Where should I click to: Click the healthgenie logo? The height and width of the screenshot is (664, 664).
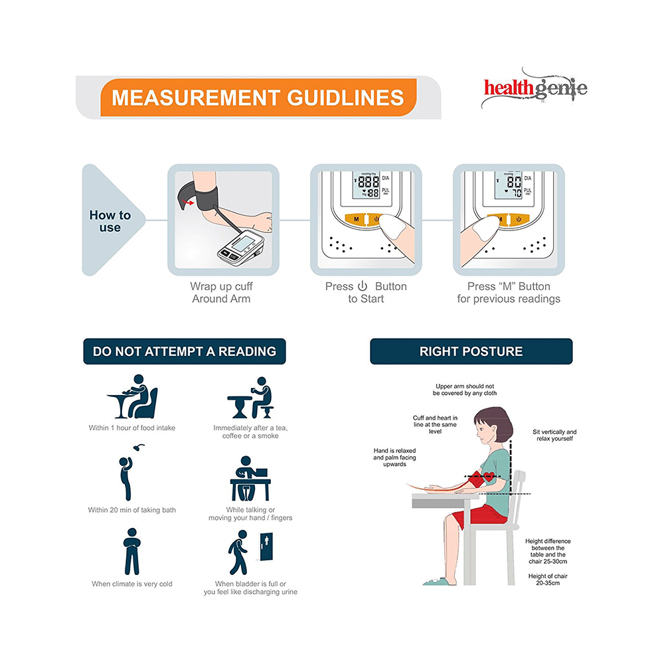(x=535, y=89)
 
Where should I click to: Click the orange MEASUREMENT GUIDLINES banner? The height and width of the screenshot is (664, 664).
(x=258, y=98)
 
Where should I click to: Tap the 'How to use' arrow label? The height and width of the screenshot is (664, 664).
(x=110, y=221)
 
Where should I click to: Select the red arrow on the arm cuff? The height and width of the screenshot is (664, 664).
(x=189, y=203)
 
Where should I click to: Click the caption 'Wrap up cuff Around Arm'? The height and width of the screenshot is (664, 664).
(x=221, y=293)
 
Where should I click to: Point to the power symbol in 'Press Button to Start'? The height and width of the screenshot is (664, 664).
(x=363, y=286)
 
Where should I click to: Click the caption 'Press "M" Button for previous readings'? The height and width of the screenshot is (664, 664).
(x=509, y=293)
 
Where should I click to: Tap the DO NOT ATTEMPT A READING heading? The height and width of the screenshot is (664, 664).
(x=185, y=351)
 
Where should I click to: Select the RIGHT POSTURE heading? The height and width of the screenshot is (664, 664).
(x=471, y=351)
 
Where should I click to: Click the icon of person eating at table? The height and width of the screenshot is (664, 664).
(x=132, y=397)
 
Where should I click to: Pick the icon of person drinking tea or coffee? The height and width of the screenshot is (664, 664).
(x=251, y=398)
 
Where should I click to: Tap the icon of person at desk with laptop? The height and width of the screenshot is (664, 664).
(x=250, y=479)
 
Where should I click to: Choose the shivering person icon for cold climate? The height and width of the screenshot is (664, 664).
(x=131, y=551)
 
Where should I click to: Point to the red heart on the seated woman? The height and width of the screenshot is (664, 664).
(x=489, y=476)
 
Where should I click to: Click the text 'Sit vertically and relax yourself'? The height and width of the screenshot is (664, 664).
(x=554, y=436)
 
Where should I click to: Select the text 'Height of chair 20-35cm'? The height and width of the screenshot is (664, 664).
(x=548, y=579)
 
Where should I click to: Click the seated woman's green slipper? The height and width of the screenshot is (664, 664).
(x=440, y=582)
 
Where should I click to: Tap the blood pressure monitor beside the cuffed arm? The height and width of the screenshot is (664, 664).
(x=241, y=248)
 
